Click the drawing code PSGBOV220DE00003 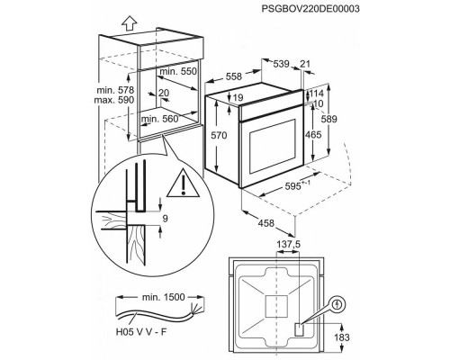click(x=310, y=8)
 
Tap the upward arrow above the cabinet click(x=130, y=23)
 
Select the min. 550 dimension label click(x=178, y=71)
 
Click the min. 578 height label click(x=115, y=90)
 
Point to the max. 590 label click(x=114, y=100)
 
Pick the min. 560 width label click(x=160, y=119)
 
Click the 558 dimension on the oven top click(x=234, y=76)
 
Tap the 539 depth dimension click(x=281, y=64)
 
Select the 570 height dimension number click(x=219, y=135)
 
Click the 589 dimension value click(x=329, y=119)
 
